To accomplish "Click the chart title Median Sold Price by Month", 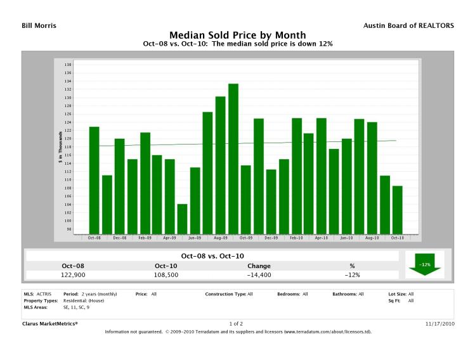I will point(237,35).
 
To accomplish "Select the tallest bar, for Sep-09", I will point(233,158).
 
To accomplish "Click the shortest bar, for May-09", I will point(183,219).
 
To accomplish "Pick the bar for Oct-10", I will point(397,210).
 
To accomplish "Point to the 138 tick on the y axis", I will point(68,65).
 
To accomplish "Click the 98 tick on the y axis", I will point(68,229).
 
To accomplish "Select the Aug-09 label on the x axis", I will point(220,238).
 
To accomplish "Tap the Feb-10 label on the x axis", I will point(296,238).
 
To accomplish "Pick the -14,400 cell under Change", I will point(259,275).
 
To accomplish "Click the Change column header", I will point(259,266).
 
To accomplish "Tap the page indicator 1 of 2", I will point(237,324).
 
